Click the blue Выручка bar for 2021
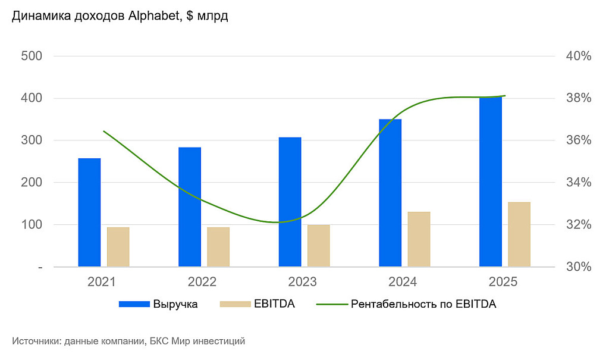(x=89, y=212)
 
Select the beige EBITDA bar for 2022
(x=218, y=247)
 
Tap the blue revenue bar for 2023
(x=290, y=202)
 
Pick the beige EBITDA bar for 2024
(x=419, y=239)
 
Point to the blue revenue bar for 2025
(x=491, y=182)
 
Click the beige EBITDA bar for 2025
(x=519, y=234)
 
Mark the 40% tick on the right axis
(x=579, y=57)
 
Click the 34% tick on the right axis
(x=579, y=183)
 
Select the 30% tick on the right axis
(x=579, y=267)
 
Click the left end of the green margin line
(x=104, y=131)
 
